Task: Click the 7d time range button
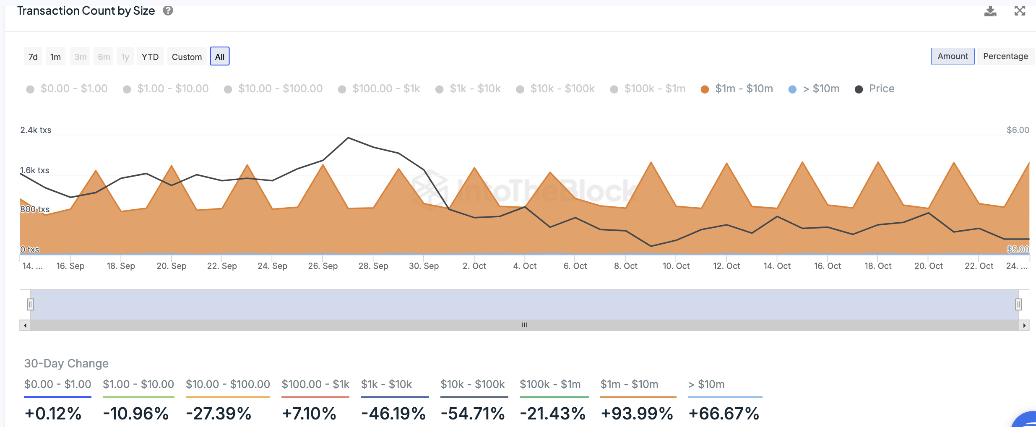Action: pos(33,57)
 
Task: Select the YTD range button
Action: pos(150,57)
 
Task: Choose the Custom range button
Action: pos(187,57)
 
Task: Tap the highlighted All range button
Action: pos(220,57)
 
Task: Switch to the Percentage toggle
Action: pos(1005,56)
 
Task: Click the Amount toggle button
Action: pos(953,56)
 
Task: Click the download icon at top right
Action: pos(990,11)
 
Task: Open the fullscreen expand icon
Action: pos(1020,11)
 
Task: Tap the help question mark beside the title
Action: pos(168,11)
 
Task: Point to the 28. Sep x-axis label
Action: pos(373,266)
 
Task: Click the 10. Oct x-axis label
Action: pos(676,266)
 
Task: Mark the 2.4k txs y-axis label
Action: pos(36,130)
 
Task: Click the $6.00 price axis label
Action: pos(1018,130)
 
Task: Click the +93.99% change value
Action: pos(637,414)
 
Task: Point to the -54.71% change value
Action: pos(473,414)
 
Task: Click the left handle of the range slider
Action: pos(30,304)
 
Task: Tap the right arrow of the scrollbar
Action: pos(1024,325)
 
